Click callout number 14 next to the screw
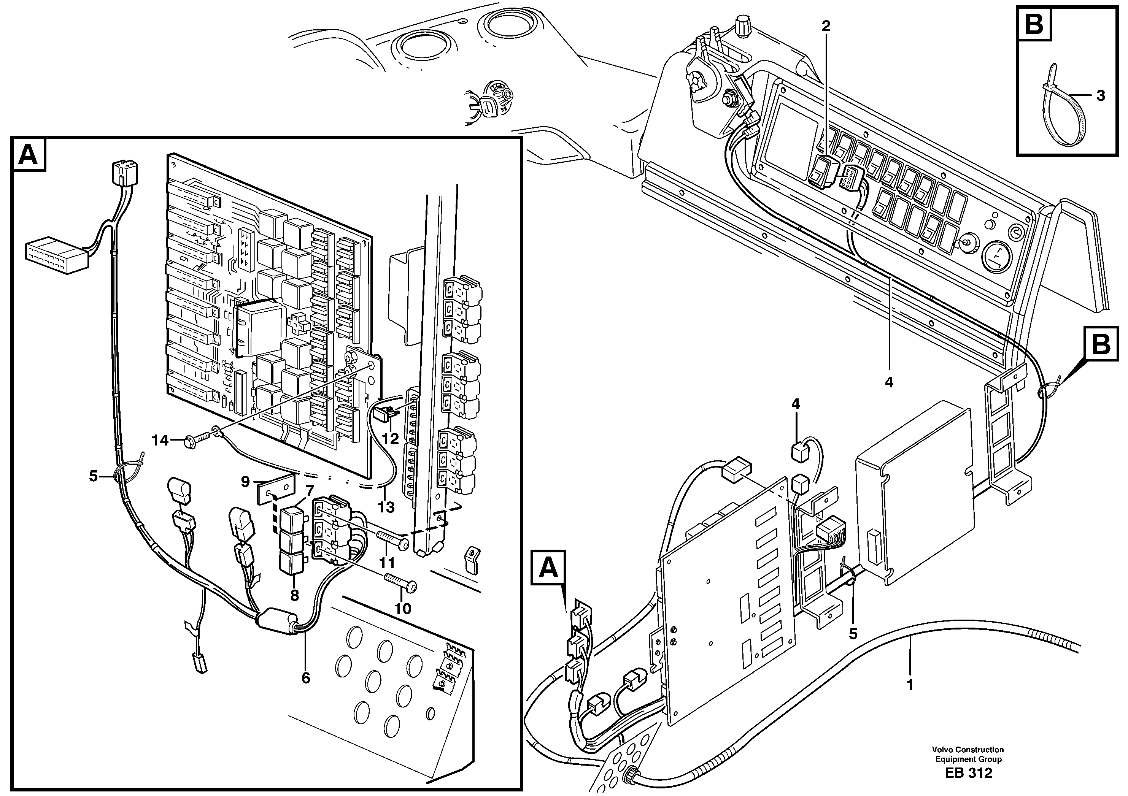coord(160,441)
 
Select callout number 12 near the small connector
coord(390,439)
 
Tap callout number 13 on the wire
coord(387,507)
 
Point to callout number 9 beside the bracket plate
coord(246,482)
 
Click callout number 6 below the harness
coord(306,678)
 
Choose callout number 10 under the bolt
coord(403,609)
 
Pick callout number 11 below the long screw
coord(387,562)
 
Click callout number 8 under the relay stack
coord(294,596)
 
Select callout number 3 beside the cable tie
coord(1101,95)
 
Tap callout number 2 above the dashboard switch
coord(826,27)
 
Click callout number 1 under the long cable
coord(910,685)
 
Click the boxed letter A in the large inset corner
coord(28,155)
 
